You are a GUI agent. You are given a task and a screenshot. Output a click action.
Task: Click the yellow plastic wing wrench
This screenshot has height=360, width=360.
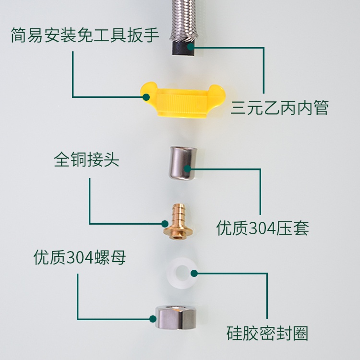click(182, 99)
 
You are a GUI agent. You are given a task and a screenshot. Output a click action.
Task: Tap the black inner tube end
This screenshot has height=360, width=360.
click(184, 48)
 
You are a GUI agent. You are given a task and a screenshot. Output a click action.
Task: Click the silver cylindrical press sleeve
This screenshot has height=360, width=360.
click(183, 163)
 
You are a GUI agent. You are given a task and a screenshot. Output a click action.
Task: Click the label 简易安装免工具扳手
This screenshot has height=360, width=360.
click(84, 35)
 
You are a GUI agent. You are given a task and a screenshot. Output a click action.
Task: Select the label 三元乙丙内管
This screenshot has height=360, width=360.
click(279, 108)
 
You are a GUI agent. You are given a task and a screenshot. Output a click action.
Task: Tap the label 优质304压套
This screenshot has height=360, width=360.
click(263, 228)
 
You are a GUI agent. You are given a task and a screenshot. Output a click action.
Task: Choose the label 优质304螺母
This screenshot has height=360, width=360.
click(80, 257)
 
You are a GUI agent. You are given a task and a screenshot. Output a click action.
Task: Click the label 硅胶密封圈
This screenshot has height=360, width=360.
click(267, 333)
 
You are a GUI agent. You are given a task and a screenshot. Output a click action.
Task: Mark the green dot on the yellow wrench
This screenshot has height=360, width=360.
click(146, 97)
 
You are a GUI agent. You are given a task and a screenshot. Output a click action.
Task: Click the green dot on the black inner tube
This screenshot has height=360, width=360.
click(191, 47)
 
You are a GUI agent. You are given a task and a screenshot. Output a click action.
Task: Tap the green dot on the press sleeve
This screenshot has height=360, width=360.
click(188, 169)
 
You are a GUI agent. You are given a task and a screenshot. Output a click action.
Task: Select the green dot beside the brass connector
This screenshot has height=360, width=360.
click(165, 224)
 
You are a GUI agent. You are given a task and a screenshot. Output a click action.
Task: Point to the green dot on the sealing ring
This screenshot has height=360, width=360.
click(194, 273)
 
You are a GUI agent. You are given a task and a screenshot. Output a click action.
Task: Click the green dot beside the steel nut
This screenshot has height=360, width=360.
click(153, 319)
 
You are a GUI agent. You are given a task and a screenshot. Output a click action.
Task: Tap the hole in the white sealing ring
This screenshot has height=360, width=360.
click(182, 273)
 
